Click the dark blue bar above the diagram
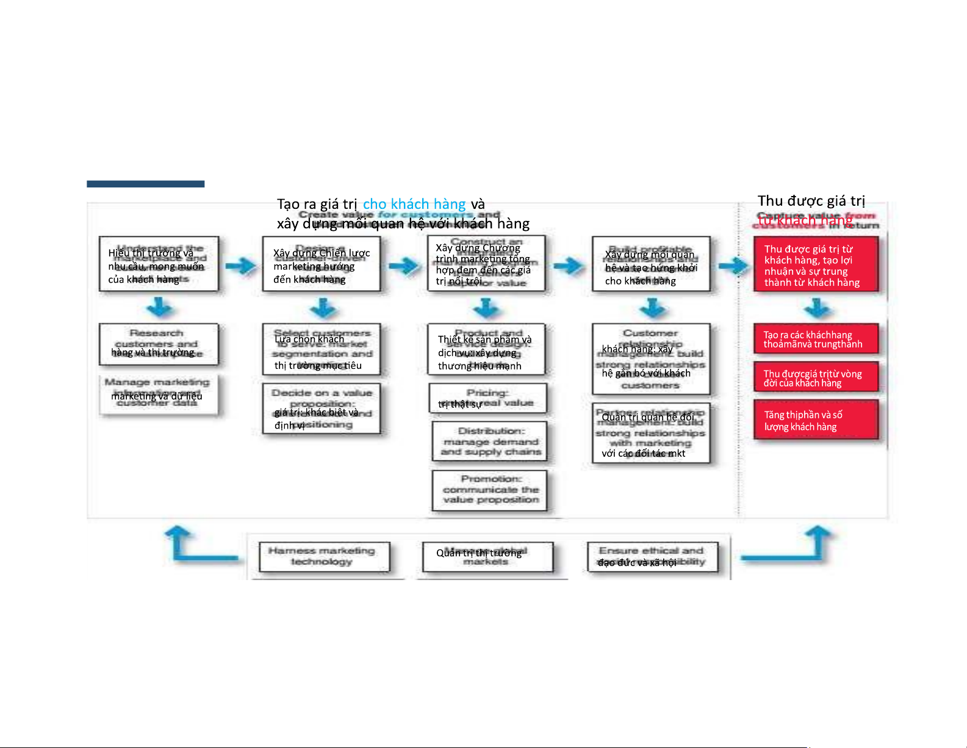145,184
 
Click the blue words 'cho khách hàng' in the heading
414,204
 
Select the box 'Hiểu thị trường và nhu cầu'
159,264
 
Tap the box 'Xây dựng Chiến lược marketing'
321,264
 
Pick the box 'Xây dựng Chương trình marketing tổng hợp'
486,264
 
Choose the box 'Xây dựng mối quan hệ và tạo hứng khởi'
651,264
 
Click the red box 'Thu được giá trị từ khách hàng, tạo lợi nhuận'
816,264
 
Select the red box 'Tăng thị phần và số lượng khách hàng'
816,420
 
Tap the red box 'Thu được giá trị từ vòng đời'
816,377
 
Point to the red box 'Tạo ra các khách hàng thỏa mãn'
816,339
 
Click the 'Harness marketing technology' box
323,556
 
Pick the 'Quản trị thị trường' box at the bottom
487,556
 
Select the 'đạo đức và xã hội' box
652,556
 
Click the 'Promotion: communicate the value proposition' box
489,490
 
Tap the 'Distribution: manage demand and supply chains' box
489,441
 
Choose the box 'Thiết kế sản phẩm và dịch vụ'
487,349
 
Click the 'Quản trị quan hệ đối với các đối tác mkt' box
651,433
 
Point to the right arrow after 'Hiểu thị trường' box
241,266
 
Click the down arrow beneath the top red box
818,308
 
